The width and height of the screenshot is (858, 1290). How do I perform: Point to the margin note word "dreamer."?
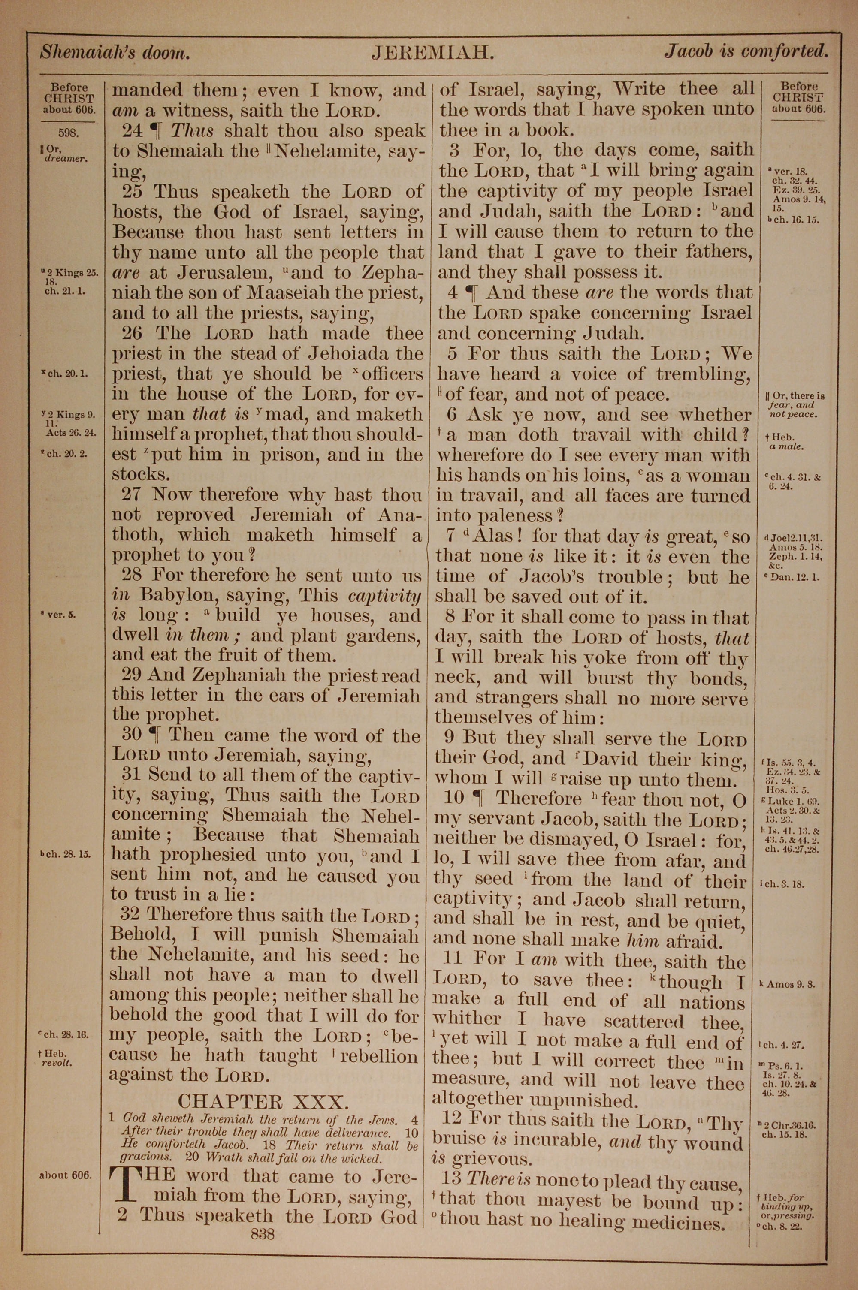(x=67, y=159)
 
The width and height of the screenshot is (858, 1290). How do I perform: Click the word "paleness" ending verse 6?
(x=516, y=515)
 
